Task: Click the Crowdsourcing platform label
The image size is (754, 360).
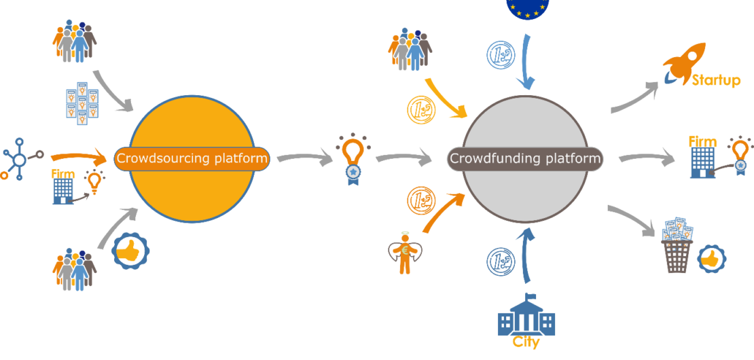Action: click(192, 159)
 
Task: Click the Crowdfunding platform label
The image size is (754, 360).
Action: click(525, 159)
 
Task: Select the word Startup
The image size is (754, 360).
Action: click(716, 81)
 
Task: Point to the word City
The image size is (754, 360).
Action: click(526, 342)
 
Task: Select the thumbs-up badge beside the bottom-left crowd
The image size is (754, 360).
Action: click(130, 251)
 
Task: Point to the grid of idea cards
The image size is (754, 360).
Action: click(82, 103)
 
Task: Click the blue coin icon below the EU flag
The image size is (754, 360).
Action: click(501, 55)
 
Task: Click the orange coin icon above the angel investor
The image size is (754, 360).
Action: click(421, 200)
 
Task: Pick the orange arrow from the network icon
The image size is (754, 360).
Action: click(78, 158)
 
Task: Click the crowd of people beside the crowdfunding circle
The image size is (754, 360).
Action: click(410, 49)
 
